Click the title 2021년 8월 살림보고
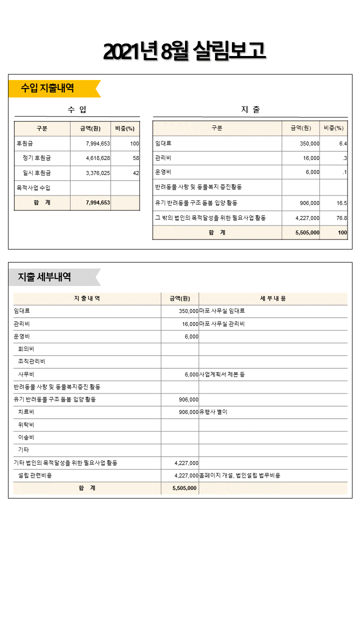point(184,51)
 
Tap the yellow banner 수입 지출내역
point(48,88)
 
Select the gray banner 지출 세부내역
point(45,277)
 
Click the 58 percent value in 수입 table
point(135,158)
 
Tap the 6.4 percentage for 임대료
point(342,143)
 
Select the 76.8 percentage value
point(341,218)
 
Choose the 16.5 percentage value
point(341,203)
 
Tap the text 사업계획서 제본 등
point(222,374)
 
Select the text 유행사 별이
point(213,412)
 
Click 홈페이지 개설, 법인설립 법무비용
point(239,475)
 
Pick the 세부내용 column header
point(272,298)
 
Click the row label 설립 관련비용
point(34,475)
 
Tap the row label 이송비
point(26,437)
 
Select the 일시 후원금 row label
point(36,173)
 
